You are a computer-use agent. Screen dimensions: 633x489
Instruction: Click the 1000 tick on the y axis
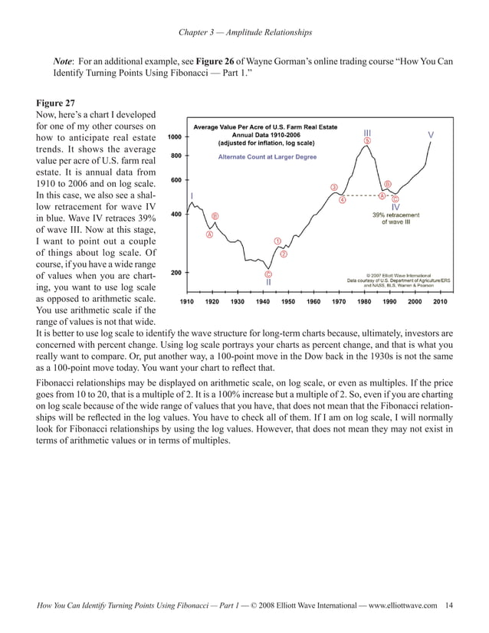point(175,136)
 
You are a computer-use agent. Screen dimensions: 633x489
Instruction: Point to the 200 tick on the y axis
point(175,272)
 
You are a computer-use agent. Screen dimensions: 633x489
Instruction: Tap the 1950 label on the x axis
point(287,302)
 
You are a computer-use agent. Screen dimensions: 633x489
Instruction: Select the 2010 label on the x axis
point(439,302)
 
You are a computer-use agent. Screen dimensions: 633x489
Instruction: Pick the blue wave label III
point(368,133)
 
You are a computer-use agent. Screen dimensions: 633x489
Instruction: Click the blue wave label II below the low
point(269,282)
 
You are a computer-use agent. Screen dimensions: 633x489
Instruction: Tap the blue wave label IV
point(395,207)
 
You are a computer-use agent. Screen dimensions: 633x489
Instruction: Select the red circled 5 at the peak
point(368,141)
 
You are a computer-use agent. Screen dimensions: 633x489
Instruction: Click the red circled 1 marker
point(277,241)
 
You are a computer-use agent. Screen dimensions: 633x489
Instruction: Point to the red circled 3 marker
point(333,187)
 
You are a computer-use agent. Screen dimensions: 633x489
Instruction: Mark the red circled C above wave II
point(269,274)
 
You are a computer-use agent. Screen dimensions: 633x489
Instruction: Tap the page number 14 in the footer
point(448,605)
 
